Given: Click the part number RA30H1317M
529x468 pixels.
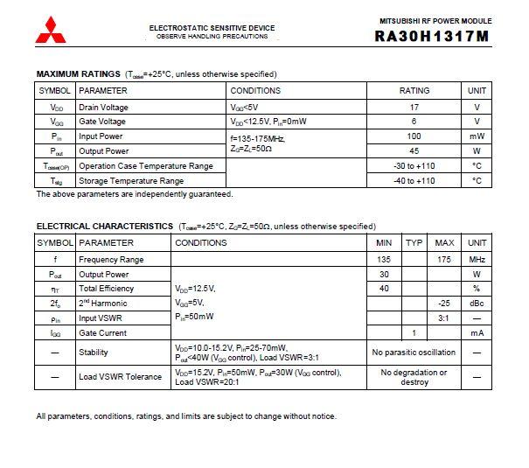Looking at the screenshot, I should coord(432,36).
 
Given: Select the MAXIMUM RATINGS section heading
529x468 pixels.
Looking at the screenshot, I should coord(79,74).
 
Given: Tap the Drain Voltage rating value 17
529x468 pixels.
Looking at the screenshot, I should coord(414,108).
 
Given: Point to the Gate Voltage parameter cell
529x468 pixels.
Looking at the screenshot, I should coord(103,122).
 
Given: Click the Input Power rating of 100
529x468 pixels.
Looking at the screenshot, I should coord(414,136).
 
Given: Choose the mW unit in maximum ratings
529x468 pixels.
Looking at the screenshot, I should coord(477,136).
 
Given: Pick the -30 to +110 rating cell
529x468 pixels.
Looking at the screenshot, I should coord(414,165).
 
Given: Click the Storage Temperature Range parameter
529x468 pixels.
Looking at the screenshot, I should coord(131,181).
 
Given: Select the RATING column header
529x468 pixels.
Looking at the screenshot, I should coord(414,90).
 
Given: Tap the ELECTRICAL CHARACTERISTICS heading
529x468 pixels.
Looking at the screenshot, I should coord(105,226).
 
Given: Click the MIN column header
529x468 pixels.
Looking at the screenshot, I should coord(384,242).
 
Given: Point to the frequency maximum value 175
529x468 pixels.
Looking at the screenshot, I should coord(445,259).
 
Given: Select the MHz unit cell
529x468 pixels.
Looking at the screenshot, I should coord(477,259).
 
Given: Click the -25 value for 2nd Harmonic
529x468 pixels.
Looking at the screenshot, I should coord(445,303).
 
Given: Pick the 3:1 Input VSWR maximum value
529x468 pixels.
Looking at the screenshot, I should coord(445,318).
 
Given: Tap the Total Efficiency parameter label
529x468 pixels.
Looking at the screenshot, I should coord(107,288).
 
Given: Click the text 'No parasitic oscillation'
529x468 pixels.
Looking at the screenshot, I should coord(414,353).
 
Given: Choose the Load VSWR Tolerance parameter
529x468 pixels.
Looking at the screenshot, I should coord(121,377).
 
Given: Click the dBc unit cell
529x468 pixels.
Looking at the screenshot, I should coord(477,303).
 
